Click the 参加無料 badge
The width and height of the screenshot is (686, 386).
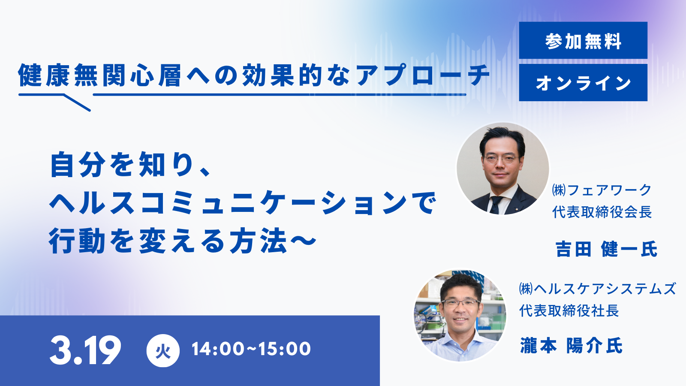tap(583, 41)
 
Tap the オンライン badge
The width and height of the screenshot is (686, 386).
tap(583, 83)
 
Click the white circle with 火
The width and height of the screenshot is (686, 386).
tap(163, 350)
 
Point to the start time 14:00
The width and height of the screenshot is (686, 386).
tap(217, 349)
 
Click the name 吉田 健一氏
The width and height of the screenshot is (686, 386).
tap(606, 249)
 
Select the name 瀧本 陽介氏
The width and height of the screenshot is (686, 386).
tap(571, 346)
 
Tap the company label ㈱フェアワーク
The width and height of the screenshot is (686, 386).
tap(602, 190)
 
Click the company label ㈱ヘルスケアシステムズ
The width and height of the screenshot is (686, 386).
tap(597, 289)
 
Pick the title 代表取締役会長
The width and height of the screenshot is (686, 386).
tap(602, 212)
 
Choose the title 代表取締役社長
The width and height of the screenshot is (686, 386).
tap(569, 311)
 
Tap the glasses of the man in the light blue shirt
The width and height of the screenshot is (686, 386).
tap(461, 303)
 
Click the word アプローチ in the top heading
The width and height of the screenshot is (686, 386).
tap(422, 75)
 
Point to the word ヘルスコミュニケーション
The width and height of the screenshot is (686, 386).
tap(227, 203)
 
